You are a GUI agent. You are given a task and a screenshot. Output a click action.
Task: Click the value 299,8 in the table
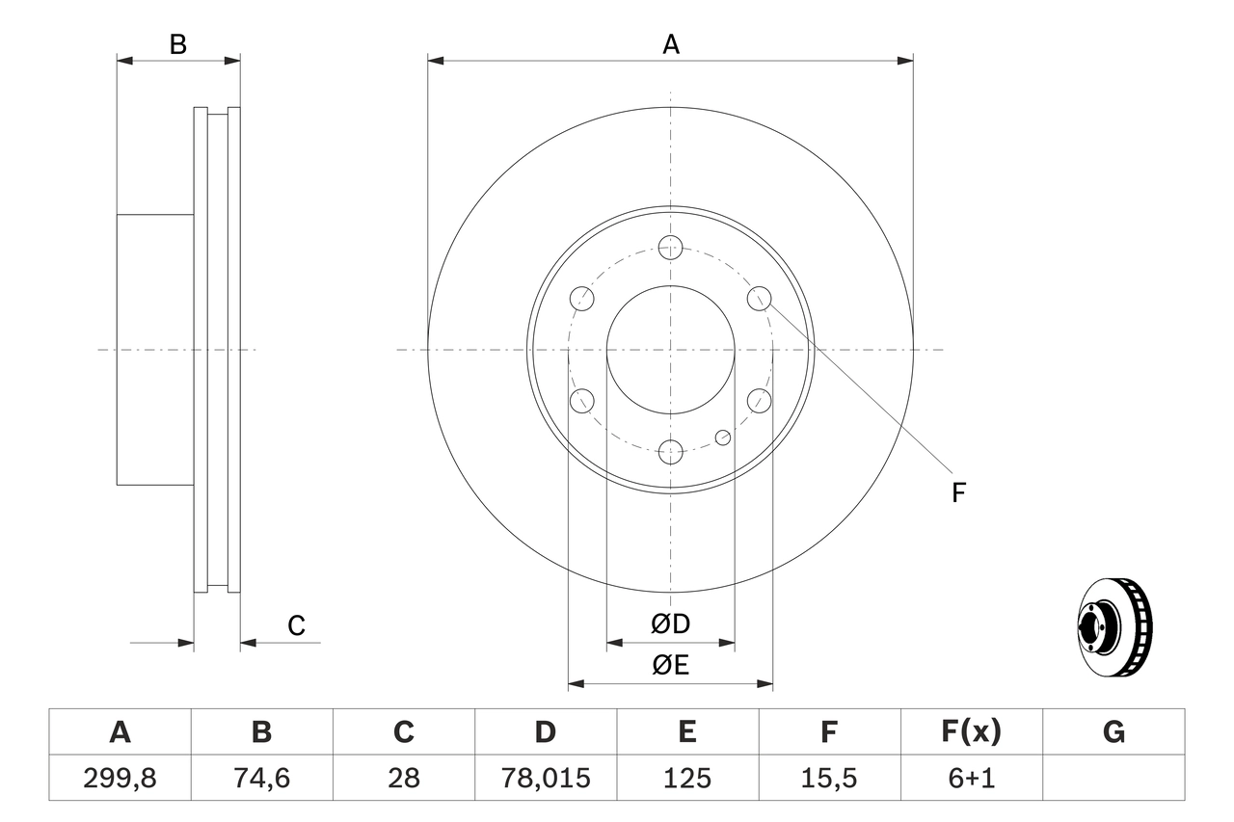click(x=120, y=778)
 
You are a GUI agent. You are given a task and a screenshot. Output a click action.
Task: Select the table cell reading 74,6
click(x=261, y=778)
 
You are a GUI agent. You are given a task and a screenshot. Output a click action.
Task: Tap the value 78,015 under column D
click(x=546, y=778)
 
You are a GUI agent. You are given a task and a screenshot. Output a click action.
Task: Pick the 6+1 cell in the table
click(x=972, y=778)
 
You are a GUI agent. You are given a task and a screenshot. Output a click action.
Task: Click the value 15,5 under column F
click(x=829, y=778)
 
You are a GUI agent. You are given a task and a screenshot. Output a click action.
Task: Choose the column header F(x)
click(x=972, y=732)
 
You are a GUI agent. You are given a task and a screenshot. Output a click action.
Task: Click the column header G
click(x=1113, y=732)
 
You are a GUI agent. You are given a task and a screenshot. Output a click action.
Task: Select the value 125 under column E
click(x=687, y=778)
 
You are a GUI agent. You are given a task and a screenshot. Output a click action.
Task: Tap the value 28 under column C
click(x=403, y=778)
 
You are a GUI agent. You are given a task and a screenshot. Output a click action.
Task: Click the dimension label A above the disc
click(x=671, y=44)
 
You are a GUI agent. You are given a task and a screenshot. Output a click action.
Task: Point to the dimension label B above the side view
click(x=178, y=44)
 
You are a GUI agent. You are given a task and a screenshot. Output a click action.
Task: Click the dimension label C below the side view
click(x=296, y=626)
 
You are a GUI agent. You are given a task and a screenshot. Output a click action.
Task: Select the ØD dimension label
click(x=671, y=624)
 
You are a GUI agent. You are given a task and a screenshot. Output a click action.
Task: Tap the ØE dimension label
click(x=671, y=666)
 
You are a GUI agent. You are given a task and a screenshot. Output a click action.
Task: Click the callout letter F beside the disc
click(x=958, y=493)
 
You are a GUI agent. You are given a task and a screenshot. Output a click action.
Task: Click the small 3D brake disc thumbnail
click(x=1113, y=623)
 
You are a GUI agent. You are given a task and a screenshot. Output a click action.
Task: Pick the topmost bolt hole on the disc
click(x=671, y=247)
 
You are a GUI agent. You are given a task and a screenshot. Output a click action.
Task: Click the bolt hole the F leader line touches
click(x=760, y=298)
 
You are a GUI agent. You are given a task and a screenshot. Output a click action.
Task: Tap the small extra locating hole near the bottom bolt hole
click(x=723, y=438)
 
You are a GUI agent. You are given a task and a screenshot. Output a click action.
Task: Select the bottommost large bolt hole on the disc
click(x=671, y=451)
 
